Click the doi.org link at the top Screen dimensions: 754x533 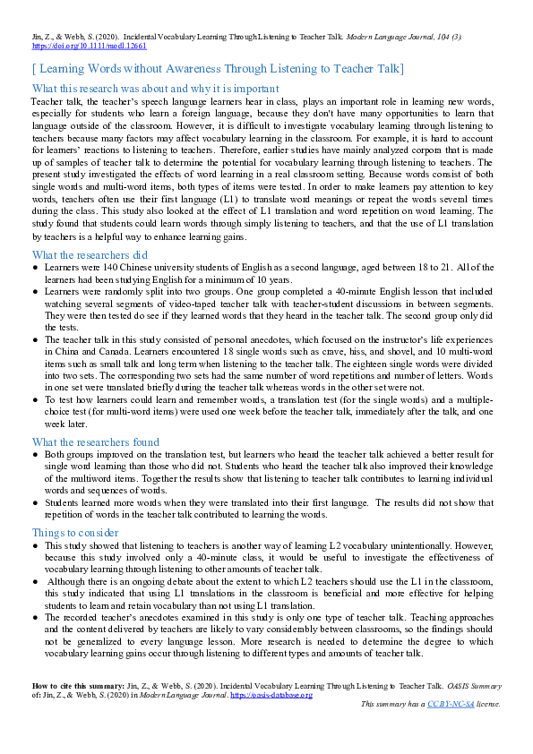click(x=89, y=44)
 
